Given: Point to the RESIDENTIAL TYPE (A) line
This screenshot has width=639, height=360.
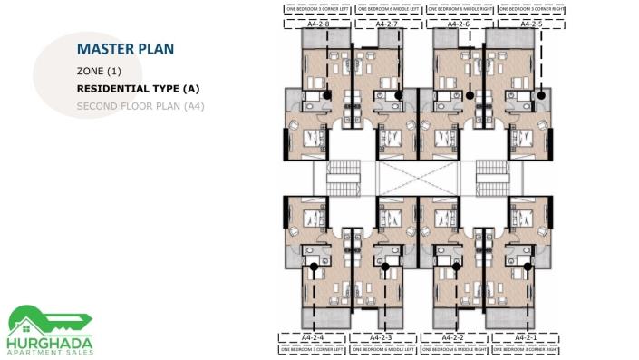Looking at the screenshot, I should pyautogui.click(x=138, y=89).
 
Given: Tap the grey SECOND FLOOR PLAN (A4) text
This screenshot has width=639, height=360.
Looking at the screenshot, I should pyautogui.click(x=140, y=106).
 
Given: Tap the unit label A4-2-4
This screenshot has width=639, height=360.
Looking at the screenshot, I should pyautogui.click(x=312, y=337).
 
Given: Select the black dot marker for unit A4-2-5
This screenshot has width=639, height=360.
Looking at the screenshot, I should pyautogui.click(x=541, y=94).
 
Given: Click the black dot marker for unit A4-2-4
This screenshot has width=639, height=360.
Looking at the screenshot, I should pyautogui.click(x=313, y=267).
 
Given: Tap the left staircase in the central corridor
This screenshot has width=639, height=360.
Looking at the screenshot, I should pyautogui.click(x=340, y=178).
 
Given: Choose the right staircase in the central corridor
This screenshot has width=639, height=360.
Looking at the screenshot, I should pyautogui.click(x=492, y=178).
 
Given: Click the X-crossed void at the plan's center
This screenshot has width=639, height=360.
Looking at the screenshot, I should pyautogui.click(x=416, y=178).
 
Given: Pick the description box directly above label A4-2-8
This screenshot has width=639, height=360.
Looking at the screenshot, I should pyautogui.click(x=318, y=9).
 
